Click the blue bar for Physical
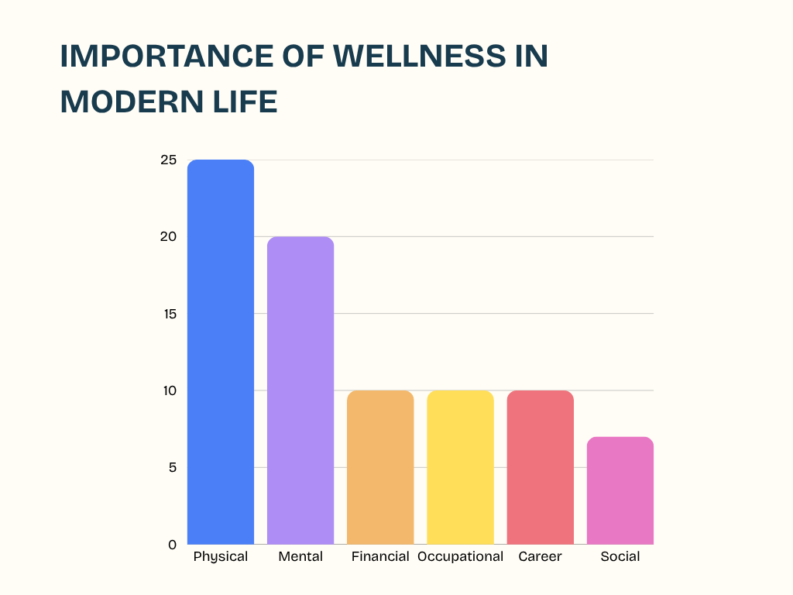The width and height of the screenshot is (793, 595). coord(221,352)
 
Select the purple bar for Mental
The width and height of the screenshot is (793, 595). coord(300,390)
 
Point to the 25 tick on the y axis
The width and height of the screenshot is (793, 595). coord(169,160)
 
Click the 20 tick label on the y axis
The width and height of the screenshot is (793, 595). coord(169,237)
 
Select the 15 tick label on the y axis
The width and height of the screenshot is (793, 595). coord(169,314)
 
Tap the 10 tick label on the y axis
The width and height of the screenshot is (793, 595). coord(169,390)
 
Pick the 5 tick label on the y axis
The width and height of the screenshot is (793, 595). coord(173,467)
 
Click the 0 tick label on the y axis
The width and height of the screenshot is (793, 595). coord(173,544)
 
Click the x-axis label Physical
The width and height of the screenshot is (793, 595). coord(221,557)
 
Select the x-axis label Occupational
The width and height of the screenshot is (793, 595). coord(460,557)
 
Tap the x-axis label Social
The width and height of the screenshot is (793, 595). coord(620,557)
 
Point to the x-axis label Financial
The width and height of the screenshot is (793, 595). coord(380,557)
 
